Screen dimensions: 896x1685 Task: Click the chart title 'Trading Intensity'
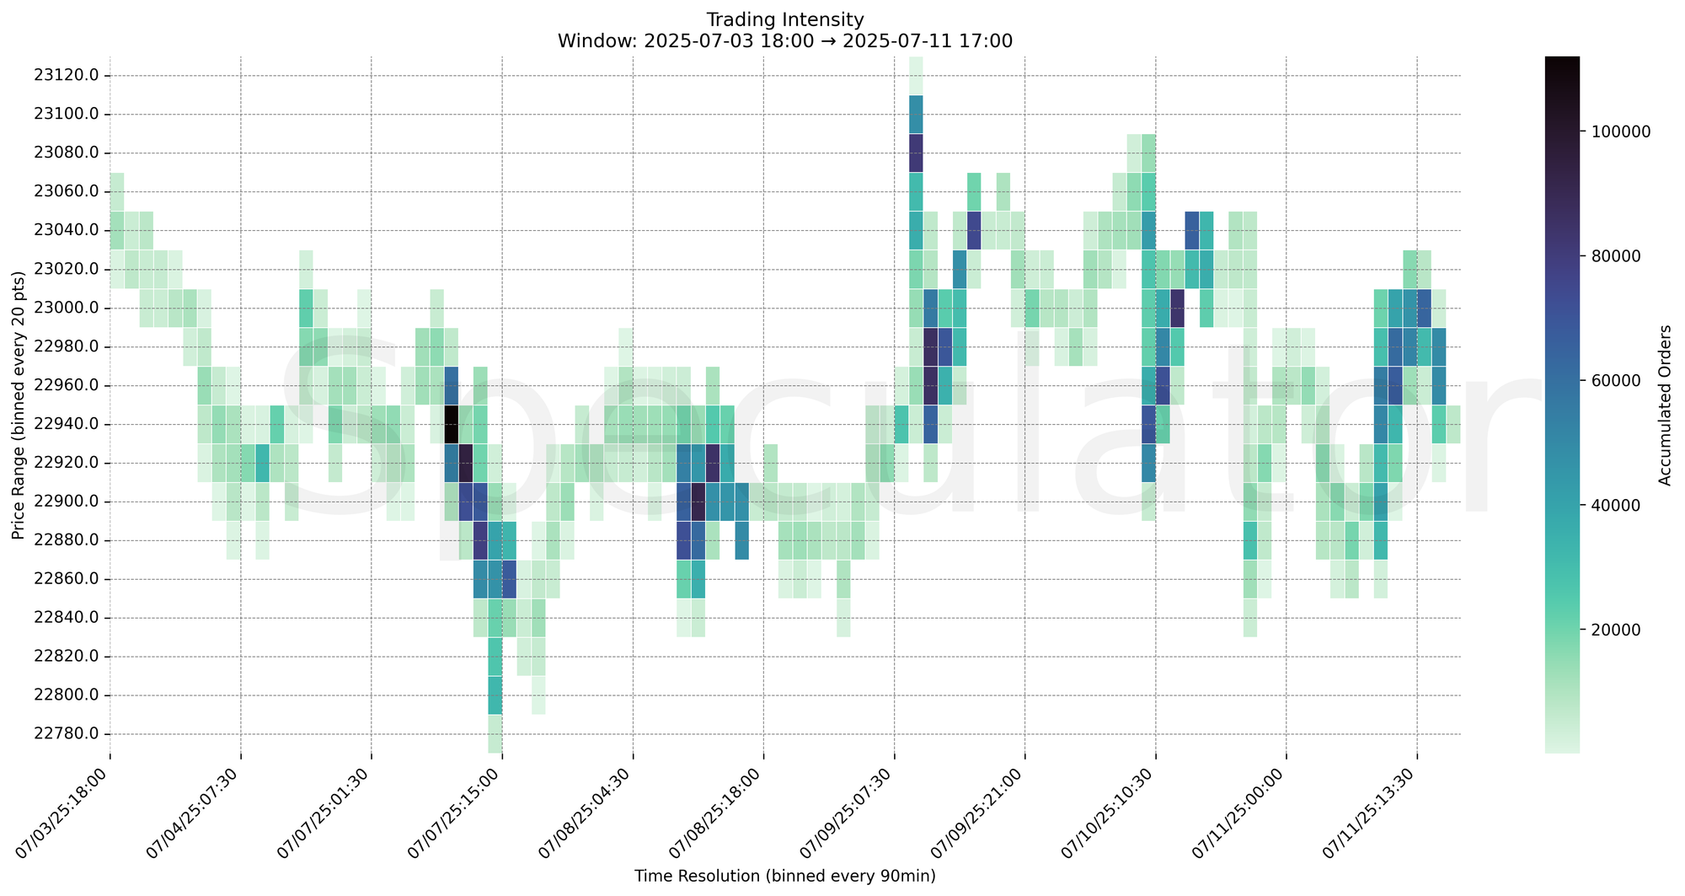pos(784,19)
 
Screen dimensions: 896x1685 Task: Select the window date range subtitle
pos(784,40)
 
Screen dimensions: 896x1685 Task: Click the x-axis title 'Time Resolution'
pos(784,877)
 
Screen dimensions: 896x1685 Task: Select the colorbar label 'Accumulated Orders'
pos(1665,405)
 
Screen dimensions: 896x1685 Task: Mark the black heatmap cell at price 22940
pos(451,424)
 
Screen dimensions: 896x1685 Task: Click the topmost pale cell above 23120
pos(916,75)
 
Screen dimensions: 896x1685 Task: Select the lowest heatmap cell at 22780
pos(495,733)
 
